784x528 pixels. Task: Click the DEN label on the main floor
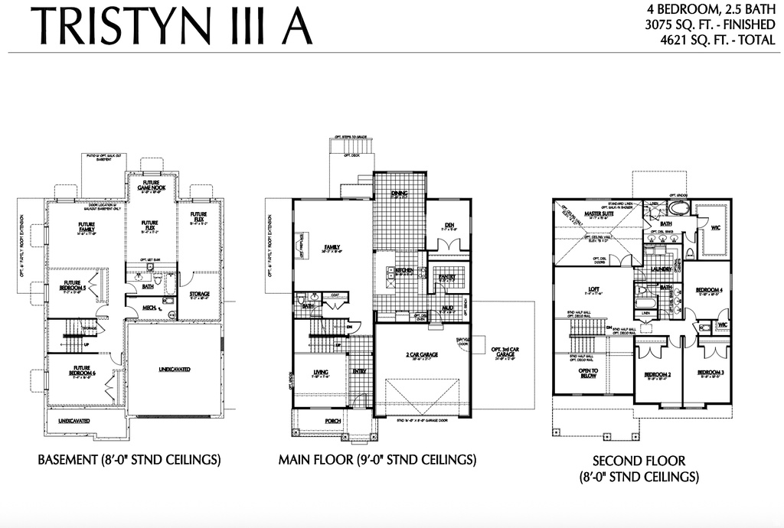(449, 226)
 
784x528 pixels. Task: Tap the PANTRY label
(446, 278)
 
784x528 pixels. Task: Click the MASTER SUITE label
(600, 214)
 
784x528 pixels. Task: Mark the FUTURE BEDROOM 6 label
(81, 370)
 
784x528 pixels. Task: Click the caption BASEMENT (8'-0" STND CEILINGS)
(129, 460)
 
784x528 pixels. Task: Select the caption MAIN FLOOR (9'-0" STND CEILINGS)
(377, 460)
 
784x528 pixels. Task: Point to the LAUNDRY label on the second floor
(661, 269)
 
